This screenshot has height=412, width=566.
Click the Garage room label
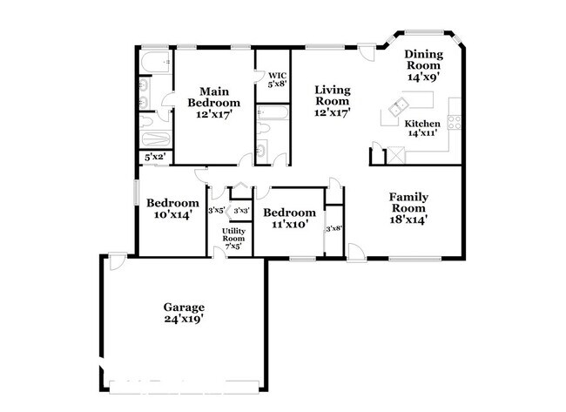click(x=184, y=307)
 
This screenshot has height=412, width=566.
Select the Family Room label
click(x=408, y=203)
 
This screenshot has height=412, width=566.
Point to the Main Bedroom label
click(x=214, y=98)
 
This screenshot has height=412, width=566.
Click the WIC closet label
click(x=278, y=76)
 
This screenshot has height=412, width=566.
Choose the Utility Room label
click(x=233, y=234)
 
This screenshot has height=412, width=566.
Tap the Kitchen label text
click(x=422, y=124)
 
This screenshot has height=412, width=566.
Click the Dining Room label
click(x=424, y=60)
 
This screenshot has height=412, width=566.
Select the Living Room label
click(x=333, y=95)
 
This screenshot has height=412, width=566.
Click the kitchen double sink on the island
click(x=398, y=107)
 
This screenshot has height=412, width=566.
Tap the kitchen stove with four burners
click(x=455, y=122)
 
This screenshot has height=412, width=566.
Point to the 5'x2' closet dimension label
click(x=155, y=157)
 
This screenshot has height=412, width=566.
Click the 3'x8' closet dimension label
click(x=334, y=228)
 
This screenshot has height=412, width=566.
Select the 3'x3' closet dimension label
click(x=241, y=211)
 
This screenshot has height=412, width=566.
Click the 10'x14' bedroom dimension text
click(x=172, y=214)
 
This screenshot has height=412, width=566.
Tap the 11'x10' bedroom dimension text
click(x=289, y=224)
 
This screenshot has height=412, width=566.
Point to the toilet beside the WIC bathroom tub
click(x=264, y=128)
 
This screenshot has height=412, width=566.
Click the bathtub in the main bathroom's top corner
click(x=155, y=62)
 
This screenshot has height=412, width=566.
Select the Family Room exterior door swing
click(x=357, y=252)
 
